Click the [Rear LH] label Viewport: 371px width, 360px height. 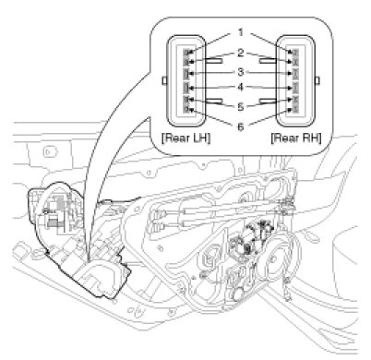tap(186, 138)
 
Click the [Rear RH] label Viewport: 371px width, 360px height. tap(296, 138)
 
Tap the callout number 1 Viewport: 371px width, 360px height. tap(241, 32)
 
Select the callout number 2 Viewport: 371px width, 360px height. tap(241, 53)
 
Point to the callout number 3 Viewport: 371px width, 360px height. tap(241, 72)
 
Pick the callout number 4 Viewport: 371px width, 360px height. tap(241, 88)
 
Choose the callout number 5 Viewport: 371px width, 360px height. tap(241, 107)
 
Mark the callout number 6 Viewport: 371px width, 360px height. tap(241, 126)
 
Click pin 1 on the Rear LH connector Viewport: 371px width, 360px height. tap(185, 53)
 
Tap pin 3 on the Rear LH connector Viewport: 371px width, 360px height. tap(185, 74)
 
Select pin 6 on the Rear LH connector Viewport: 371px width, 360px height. tap(185, 109)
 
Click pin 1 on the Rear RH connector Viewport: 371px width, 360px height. tap(295, 53)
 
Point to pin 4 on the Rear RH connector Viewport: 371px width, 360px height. tap(295, 88)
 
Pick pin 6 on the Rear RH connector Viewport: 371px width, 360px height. tap(295, 109)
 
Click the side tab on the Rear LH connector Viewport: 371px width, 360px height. tap(164, 80)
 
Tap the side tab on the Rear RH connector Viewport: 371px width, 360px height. tap(317, 80)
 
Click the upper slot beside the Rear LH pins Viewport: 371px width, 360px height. tap(214, 61)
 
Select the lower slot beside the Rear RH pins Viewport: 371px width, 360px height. tap(268, 101)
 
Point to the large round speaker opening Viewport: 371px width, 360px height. tap(282, 256)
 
